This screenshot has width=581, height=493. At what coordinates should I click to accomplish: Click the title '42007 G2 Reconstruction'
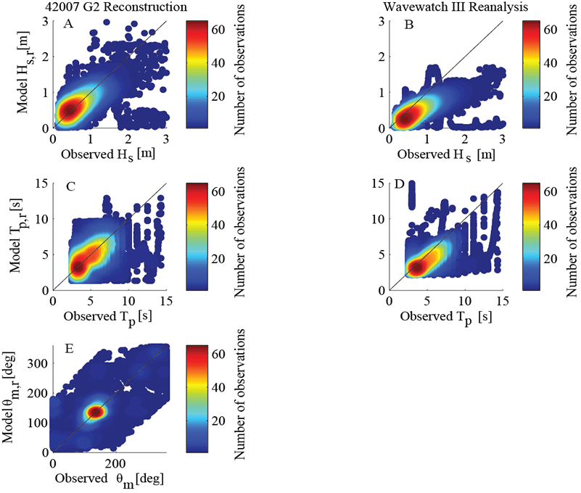click(112, 8)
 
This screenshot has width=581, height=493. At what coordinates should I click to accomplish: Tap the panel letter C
click(71, 188)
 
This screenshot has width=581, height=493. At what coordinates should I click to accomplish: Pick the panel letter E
click(70, 349)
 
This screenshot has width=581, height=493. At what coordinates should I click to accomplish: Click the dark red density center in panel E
click(96, 412)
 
